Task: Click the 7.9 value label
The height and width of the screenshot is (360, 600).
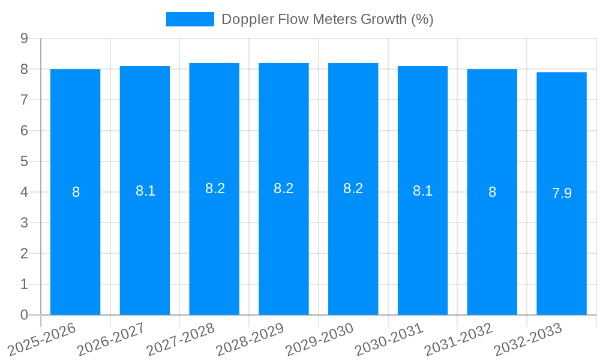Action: pos(562,193)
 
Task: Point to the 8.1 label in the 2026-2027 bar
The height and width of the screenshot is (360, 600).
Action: pos(145,191)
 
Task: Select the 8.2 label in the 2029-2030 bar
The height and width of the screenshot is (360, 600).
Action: pos(353,188)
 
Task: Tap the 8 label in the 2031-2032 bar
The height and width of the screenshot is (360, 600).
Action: pos(492,192)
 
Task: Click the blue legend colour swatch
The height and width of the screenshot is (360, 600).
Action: pos(190,19)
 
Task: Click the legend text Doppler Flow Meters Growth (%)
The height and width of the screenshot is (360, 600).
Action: pos(327,19)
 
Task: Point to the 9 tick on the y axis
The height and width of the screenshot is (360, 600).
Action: pos(24,38)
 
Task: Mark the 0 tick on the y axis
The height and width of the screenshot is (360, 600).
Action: pos(24,315)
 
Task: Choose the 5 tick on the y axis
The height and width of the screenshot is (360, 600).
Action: pos(24,161)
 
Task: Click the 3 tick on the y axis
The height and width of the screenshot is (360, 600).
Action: pos(24,223)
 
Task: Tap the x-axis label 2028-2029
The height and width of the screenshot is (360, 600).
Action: pos(250,339)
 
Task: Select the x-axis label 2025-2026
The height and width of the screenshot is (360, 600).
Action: pos(41,339)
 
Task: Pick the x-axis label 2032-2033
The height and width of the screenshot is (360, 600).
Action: pos(527,339)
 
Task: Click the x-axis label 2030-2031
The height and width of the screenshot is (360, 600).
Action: pos(389,339)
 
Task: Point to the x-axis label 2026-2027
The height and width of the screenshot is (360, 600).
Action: pos(111,339)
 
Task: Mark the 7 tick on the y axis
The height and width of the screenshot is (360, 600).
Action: pos(24,100)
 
